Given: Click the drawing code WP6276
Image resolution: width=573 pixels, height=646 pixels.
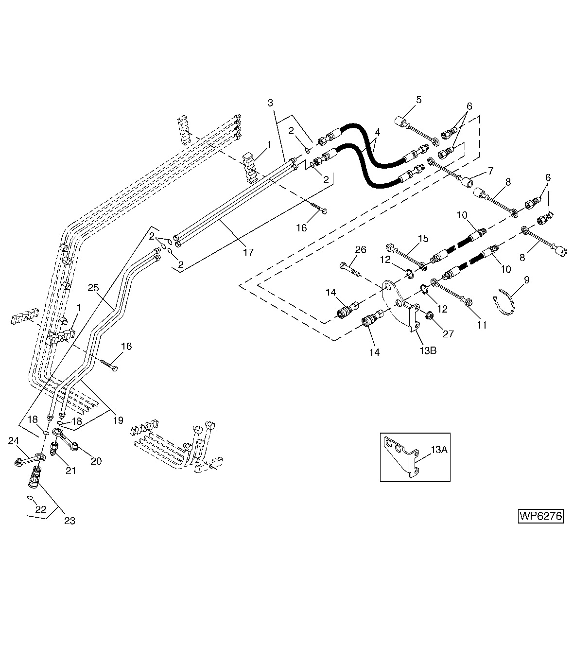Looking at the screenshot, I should pos(540,516).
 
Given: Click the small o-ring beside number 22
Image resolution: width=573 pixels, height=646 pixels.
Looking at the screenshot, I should pos(30,498).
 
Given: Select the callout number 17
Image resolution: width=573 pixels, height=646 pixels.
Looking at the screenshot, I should pos(248,252).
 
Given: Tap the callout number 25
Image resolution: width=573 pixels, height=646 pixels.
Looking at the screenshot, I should pos(93,287).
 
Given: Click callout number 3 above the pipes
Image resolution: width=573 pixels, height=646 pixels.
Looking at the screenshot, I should pos(270,103).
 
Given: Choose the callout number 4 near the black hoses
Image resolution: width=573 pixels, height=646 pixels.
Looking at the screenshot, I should pos(377,132).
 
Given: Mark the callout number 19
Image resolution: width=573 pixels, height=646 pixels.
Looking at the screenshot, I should pos(118,420).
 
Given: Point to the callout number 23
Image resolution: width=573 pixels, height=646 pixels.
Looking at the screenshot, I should pos(69,521).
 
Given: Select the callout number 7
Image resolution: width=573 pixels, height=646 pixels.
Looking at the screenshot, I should pos(490,171).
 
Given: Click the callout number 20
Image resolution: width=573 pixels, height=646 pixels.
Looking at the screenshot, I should pos(96,461).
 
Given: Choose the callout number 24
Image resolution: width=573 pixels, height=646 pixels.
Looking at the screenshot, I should pos(13,441).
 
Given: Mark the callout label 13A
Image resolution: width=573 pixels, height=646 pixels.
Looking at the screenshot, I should pos(439,450).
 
